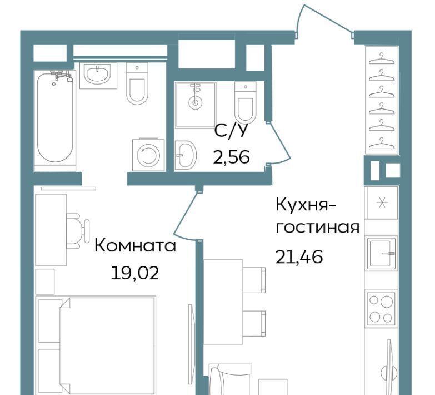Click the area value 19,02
135,273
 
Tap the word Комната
135,246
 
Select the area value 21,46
299,256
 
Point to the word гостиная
317,228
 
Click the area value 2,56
231,157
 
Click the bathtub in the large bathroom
55,120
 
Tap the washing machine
148,155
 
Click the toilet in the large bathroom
137,83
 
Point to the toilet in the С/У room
245,102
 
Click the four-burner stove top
381,308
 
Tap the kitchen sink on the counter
382,253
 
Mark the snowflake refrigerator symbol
382,203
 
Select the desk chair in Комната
77,230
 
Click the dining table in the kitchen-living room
223,302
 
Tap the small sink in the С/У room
186,155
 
